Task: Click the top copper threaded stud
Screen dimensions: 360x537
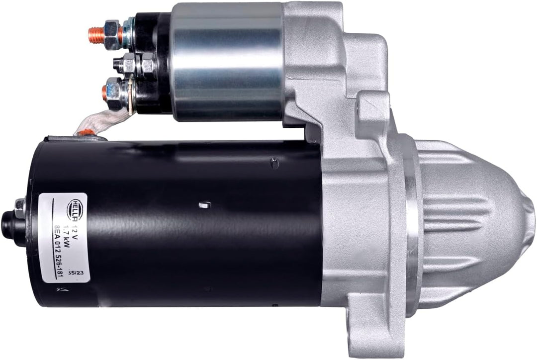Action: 96,35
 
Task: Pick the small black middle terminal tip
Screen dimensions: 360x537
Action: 117,64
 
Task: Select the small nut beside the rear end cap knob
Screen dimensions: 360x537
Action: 20,207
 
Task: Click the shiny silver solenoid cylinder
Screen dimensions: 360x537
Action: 226,62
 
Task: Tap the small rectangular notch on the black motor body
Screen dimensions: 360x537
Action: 203,204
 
